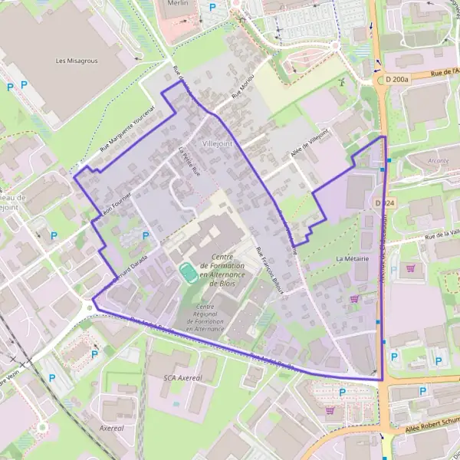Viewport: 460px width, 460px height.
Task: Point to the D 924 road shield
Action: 385,203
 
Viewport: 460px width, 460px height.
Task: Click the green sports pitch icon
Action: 186,271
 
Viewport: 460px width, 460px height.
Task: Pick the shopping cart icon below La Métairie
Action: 354,299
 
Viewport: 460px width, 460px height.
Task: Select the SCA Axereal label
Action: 182,378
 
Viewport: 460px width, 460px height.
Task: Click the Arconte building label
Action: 439,161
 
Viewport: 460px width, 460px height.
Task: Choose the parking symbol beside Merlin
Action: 212,7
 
